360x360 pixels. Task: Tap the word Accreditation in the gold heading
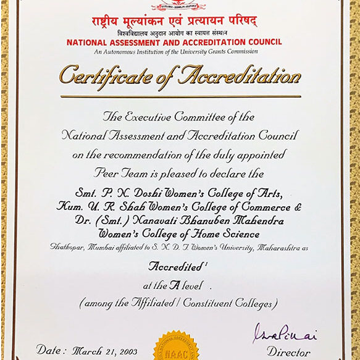pos(240,76)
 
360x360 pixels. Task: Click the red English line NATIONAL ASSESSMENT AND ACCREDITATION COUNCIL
pos(174,42)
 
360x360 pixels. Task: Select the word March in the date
pos(88,351)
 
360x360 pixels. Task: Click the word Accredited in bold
pos(176,268)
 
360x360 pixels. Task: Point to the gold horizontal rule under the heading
pos(180,96)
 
